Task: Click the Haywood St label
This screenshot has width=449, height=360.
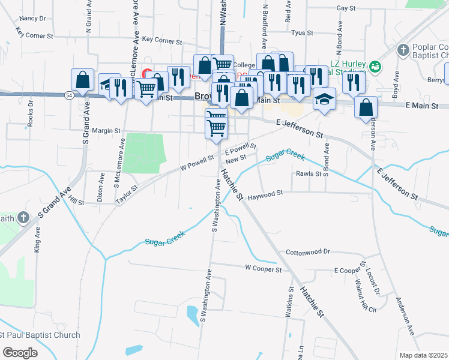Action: [265, 195]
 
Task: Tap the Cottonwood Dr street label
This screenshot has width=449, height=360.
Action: [308, 252]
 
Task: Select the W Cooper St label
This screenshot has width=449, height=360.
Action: [263, 269]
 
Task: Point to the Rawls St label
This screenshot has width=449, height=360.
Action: [309, 174]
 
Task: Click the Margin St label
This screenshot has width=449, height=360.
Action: [106, 130]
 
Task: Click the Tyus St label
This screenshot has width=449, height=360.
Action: [301, 32]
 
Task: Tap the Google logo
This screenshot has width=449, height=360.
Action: [20, 353]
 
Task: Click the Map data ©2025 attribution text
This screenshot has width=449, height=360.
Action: [423, 355]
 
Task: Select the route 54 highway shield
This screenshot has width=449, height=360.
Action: [70, 95]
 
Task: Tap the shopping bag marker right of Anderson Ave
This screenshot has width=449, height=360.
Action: [366, 108]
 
